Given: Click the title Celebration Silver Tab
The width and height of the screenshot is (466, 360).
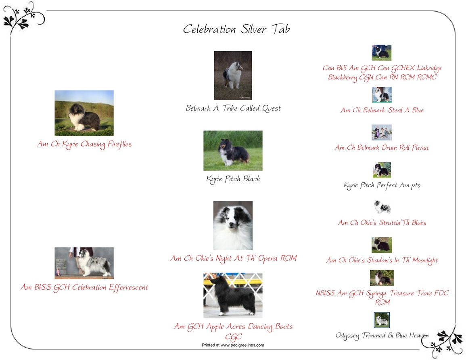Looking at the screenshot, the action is [x=236, y=29].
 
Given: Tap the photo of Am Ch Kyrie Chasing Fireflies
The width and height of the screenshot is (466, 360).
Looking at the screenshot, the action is [x=84, y=113].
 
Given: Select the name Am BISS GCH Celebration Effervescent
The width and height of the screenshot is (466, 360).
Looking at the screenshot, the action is [x=84, y=287].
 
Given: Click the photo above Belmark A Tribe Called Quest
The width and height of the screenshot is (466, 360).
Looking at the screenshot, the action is [x=233, y=75].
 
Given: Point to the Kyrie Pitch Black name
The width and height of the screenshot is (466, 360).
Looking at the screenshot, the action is [x=233, y=179].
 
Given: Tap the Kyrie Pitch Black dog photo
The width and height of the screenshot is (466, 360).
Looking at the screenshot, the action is [x=233, y=151].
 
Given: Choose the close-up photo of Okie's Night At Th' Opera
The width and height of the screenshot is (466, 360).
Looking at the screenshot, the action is [x=233, y=226].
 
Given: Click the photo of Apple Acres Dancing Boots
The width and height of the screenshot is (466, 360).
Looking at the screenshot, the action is [x=233, y=295].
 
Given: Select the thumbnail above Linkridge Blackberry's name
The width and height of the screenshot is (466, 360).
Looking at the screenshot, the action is [x=382, y=52].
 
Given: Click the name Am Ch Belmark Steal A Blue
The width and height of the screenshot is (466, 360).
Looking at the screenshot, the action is [x=382, y=110].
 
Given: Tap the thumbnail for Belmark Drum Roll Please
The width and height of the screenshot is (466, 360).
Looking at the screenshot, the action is [x=382, y=132].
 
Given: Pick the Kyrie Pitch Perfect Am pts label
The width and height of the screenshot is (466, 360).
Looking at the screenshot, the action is [x=382, y=186].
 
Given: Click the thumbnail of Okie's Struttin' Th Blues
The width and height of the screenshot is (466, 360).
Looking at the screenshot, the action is [x=382, y=207].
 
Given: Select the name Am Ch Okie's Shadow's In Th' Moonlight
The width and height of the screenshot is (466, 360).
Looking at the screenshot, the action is [x=382, y=260].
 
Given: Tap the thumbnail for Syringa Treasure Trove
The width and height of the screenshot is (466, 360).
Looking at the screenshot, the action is [x=382, y=278].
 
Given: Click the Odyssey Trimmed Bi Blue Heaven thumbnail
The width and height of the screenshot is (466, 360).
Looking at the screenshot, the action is [x=382, y=320].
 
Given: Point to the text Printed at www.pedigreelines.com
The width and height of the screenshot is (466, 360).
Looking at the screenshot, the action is [x=233, y=345].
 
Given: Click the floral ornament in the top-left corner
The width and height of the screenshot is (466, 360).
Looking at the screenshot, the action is [x=23, y=18].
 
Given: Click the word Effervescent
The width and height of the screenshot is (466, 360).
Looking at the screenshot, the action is [x=128, y=287].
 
